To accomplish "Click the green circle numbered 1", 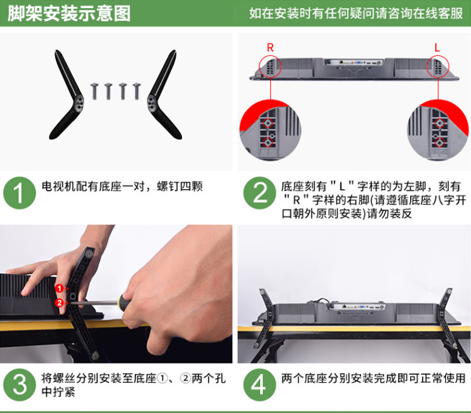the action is click(x=19, y=193).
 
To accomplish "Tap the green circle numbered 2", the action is click(x=259, y=193).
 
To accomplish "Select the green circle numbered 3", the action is click(x=19, y=385).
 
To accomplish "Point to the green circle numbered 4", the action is click(x=259, y=385).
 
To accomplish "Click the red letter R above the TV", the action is click(x=270, y=48).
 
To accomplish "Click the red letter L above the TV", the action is click(x=437, y=48).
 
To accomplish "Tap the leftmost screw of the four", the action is click(x=95, y=91).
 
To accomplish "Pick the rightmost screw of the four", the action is click(x=137, y=91).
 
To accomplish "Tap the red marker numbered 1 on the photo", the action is click(x=59, y=289).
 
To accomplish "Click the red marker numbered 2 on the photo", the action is click(x=59, y=303).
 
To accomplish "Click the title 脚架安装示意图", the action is click(x=69, y=14).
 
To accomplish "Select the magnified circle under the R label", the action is click(x=270, y=130).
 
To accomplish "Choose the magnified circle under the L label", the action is click(x=438, y=130).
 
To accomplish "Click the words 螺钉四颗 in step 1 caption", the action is click(x=180, y=186).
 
